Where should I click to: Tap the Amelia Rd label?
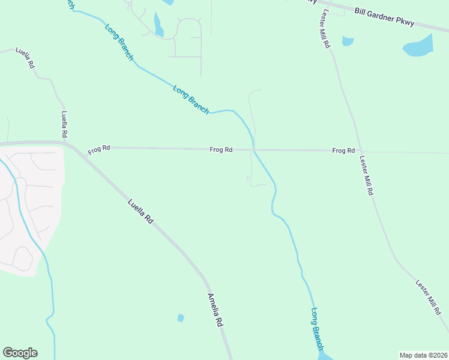(215, 310)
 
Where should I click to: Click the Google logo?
(20, 353)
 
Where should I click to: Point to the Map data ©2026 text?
(423, 355)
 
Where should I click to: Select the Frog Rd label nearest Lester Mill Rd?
(343, 151)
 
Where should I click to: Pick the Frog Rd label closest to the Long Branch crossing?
(221, 149)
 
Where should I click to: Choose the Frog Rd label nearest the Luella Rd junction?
(99, 150)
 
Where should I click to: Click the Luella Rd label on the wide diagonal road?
(141, 212)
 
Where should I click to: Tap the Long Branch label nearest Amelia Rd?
(318, 329)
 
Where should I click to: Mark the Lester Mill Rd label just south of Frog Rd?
(367, 176)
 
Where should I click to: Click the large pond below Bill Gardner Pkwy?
(418, 46)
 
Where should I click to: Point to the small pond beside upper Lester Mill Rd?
(348, 41)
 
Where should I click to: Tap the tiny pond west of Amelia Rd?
(181, 317)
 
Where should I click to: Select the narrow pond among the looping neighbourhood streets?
(158, 25)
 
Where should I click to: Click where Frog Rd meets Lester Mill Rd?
(358, 151)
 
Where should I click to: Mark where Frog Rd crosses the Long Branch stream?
(255, 150)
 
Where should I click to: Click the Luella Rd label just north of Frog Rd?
(65, 124)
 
